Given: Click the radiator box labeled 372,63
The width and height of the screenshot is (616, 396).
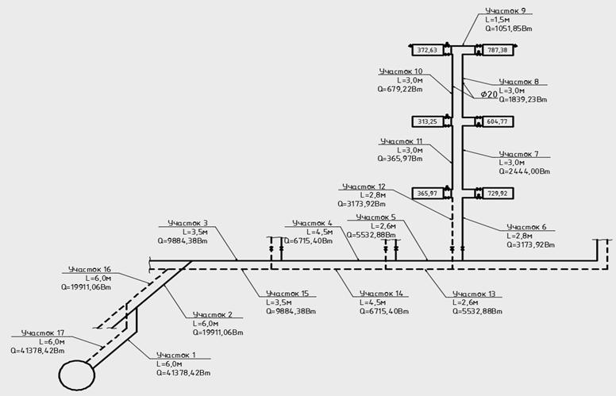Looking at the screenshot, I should click(x=427, y=50).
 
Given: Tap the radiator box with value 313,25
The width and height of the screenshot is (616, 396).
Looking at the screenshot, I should click(x=427, y=121).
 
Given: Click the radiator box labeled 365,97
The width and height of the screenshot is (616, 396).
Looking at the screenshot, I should click(x=427, y=193).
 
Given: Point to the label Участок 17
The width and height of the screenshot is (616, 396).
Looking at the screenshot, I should click(x=43, y=333).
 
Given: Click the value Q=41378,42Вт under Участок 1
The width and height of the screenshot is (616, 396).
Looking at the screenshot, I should click(x=184, y=371).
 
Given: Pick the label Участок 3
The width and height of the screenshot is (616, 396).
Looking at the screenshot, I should click(x=188, y=223).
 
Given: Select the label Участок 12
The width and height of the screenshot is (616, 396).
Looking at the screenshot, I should click(x=362, y=186).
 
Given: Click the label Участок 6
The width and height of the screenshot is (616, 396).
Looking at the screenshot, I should click(x=526, y=227).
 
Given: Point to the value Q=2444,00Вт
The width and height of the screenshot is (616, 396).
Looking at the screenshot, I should click(x=525, y=170).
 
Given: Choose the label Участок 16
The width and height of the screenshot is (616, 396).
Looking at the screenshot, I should click(x=90, y=269).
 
